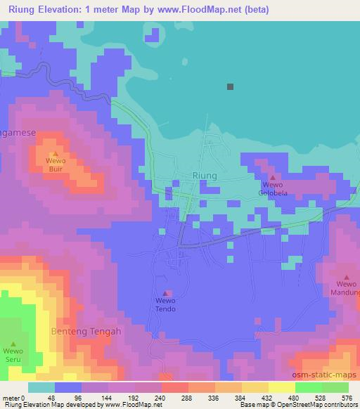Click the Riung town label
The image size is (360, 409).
click(205, 176)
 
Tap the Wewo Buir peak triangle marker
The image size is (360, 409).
click(55, 153)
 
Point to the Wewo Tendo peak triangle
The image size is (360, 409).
click(166, 294)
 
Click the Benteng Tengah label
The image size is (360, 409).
click(86, 331)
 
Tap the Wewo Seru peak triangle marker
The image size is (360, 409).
click(13, 344)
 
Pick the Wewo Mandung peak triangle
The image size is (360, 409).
click(346, 278)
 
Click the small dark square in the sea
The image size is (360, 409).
click(230, 87)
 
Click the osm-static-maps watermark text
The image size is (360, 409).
click(326, 376)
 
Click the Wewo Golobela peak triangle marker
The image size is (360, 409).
click(273, 178)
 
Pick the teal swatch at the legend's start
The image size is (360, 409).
click(41, 387)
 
